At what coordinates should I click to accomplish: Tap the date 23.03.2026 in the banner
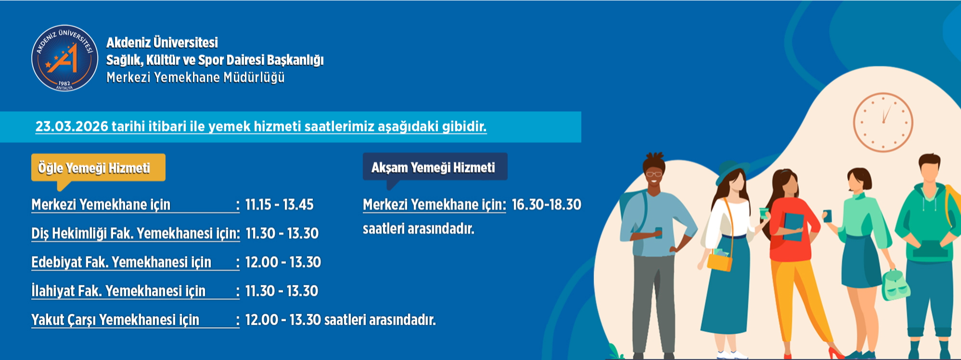(x=72, y=127)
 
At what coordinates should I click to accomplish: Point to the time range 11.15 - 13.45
(x=279, y=205)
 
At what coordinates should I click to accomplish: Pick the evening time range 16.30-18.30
(x=546, y=205)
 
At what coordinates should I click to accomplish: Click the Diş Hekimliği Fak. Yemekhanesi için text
(x=135, y=233)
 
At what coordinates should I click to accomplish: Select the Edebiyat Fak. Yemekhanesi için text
(x=121, y=262)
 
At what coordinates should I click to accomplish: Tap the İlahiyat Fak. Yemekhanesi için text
(x=118, y=291)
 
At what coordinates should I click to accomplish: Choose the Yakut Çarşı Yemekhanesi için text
(x=115, y=320)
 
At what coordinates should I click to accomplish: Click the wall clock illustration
(x=883, y=122)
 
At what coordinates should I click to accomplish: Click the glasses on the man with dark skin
(x=653, y=174)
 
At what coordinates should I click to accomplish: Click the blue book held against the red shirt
(x=794, y=225)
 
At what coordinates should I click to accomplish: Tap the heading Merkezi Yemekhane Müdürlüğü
(x=195, y=77)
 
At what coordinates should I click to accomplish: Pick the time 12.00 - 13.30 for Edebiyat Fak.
(x=283, y=262)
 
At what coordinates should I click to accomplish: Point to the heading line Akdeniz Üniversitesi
(x=162, y=43)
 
